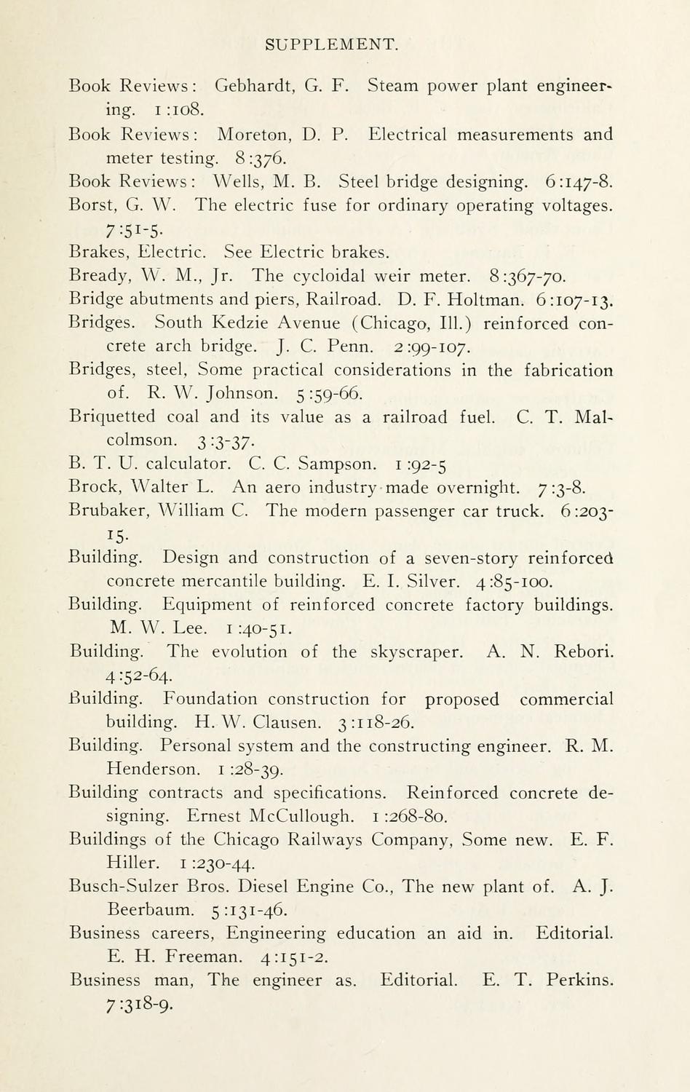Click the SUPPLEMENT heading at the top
point(332,45)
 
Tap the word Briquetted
point(112,417)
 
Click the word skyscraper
point(416,652)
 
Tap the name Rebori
point(584,652)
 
